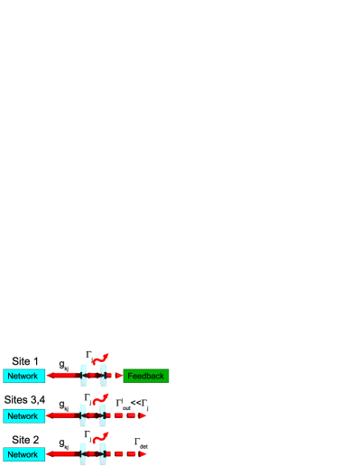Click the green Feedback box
146,376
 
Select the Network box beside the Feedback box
23,376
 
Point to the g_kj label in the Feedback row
64,367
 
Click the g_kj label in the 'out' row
64,406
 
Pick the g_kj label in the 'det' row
64,445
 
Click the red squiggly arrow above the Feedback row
100,359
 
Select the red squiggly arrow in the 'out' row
100,398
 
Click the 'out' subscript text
126,407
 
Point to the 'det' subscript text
143,446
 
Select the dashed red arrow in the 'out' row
126,415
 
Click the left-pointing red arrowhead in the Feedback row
51,376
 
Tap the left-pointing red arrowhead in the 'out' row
51,415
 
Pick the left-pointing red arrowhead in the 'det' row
51,454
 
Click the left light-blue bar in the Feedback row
84,376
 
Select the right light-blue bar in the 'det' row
104,454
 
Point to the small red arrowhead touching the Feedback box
119,376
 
